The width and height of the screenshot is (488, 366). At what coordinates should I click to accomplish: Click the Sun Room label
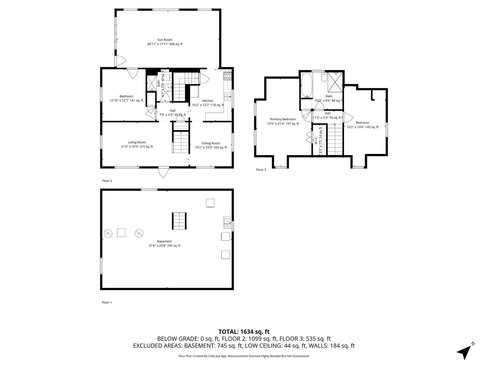coord(165,40)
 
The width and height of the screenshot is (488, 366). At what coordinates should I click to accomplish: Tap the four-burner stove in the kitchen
coord(227,76)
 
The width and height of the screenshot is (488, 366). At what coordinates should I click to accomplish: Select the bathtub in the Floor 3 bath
coord(306,85)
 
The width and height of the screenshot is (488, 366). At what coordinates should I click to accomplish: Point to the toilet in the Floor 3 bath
coord(324,78)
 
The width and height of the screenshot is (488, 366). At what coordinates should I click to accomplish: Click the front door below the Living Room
coord(164,172)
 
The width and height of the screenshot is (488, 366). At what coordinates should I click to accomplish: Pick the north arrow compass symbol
coord(465,351)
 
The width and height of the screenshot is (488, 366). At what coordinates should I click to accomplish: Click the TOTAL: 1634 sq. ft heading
coord(244,331)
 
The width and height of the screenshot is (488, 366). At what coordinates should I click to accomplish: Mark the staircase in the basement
coord(179,221)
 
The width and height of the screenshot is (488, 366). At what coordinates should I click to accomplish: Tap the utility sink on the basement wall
coord(227,222)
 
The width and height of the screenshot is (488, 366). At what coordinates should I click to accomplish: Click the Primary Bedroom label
coord(283,119)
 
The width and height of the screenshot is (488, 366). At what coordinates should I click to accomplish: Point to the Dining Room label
coord(211,143)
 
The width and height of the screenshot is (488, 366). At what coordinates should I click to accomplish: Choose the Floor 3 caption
coord(261,170)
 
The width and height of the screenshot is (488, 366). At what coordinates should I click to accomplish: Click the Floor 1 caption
coord(107,302)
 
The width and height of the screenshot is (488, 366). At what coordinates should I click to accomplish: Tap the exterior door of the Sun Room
coord(120,61)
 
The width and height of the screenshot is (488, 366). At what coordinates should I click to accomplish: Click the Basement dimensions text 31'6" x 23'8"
coord(164,246)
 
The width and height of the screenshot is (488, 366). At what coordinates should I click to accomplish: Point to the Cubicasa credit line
coord(244,356)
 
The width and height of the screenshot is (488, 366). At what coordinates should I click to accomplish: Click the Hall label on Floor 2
coord(172,110)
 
